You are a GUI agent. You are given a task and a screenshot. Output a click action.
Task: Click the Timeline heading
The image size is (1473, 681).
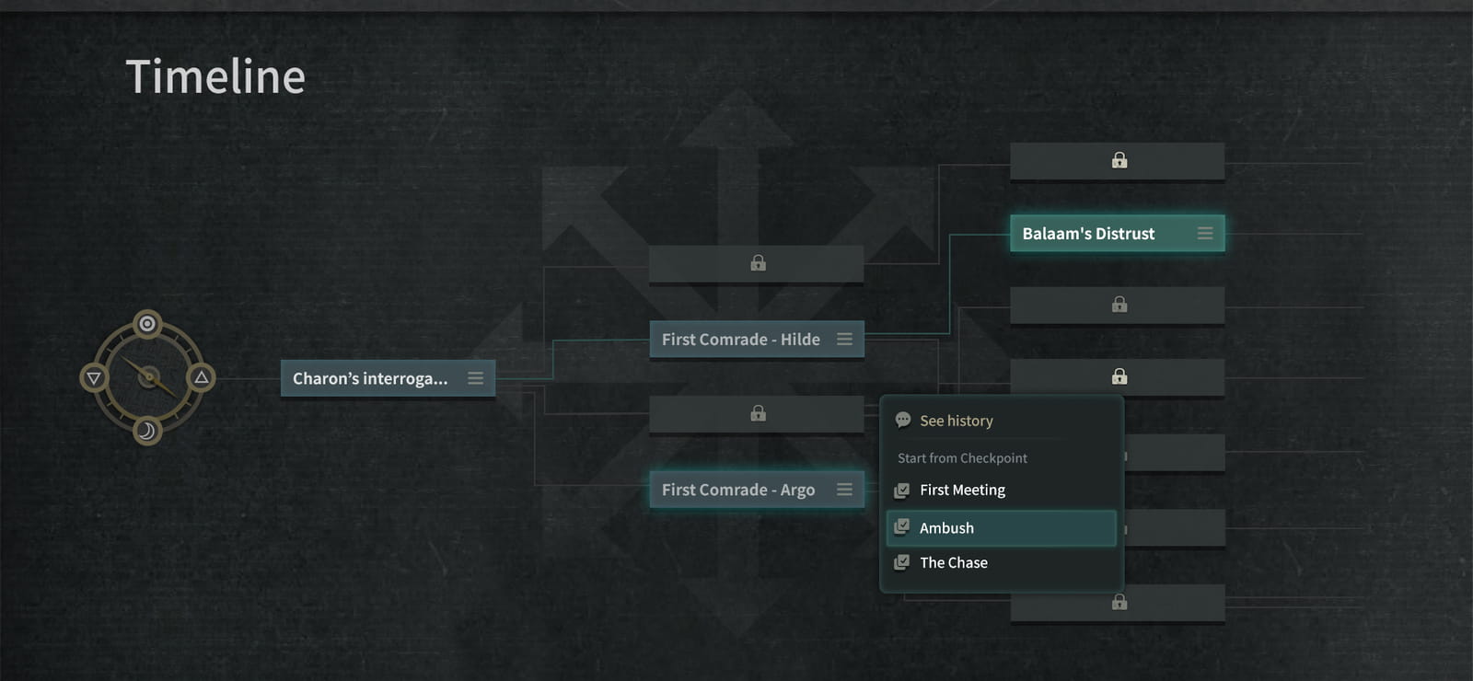[215, 76]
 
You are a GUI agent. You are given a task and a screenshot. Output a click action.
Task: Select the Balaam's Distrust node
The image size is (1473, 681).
[1118, 234]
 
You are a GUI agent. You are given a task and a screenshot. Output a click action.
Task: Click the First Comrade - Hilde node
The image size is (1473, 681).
[757, 340]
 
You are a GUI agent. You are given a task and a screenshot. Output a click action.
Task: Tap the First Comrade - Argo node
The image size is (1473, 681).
[757, 490]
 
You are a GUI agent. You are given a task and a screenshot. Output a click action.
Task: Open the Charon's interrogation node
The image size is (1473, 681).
[388, 378]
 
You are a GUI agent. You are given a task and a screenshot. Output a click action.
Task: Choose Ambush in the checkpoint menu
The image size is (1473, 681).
[1001, 528]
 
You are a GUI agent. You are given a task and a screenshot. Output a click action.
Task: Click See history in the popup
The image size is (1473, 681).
[957, 421]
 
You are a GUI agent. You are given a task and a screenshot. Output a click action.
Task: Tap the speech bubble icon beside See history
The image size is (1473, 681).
[903, 420]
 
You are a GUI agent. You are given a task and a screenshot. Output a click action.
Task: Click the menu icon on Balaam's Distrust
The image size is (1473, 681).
[1205, 234]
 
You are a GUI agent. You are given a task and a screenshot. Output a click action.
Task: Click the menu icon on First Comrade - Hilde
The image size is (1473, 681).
[844, 340]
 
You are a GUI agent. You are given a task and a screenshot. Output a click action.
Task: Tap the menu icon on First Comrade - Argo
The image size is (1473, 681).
[844, 490]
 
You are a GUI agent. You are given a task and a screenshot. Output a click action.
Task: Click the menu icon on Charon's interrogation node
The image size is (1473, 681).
[475, 378]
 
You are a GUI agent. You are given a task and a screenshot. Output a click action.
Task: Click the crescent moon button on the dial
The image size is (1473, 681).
[147, 432]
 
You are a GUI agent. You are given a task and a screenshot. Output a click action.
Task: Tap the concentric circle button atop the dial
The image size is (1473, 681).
[147, 323]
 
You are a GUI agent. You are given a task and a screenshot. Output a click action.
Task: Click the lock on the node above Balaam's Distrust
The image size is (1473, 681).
[1119, 160]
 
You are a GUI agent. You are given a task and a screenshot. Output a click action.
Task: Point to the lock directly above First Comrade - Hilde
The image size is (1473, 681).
[759, 263]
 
